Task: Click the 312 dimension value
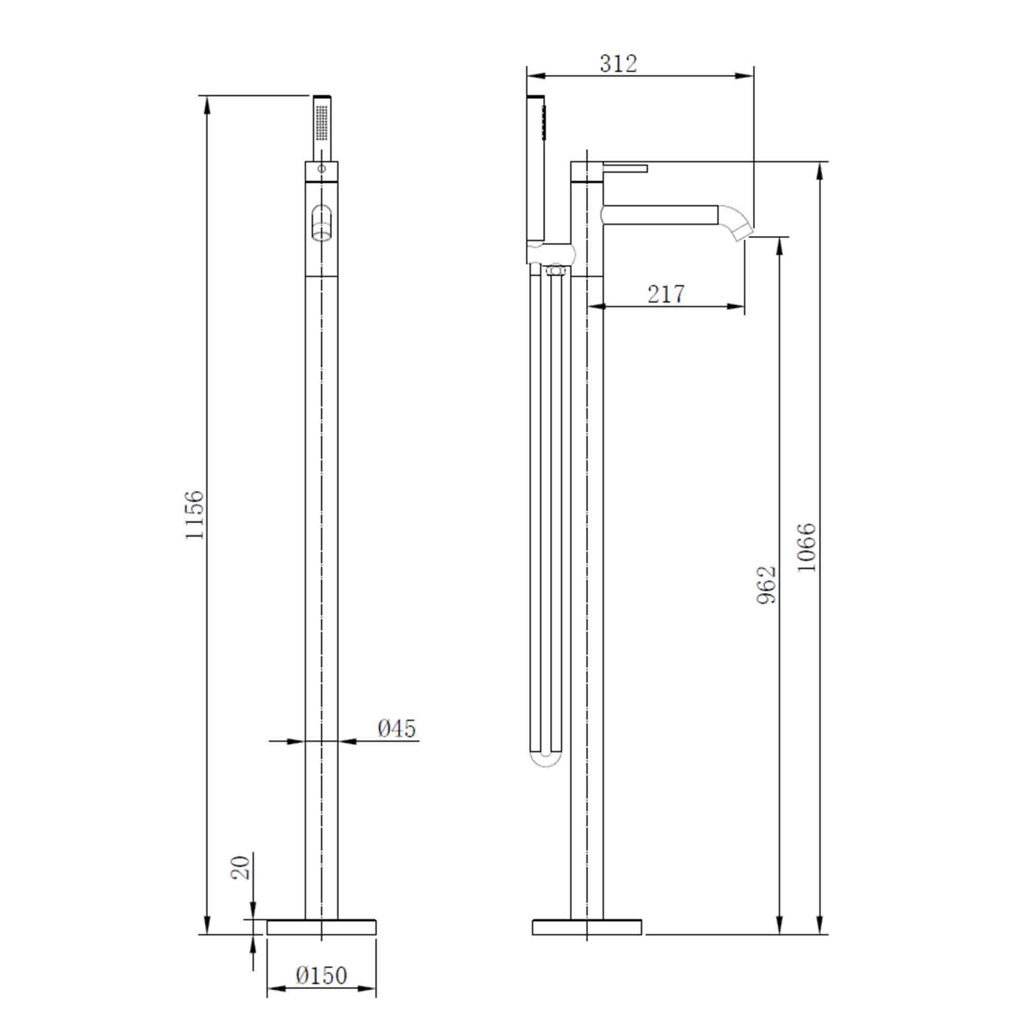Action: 618,64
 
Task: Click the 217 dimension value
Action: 666,294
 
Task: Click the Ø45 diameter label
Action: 396,729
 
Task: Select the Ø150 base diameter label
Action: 321,975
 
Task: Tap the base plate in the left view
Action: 321,927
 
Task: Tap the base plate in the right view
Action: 587,927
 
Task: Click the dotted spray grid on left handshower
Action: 321,123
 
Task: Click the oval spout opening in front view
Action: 321,223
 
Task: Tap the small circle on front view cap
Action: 321,169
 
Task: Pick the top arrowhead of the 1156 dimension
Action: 208,105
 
